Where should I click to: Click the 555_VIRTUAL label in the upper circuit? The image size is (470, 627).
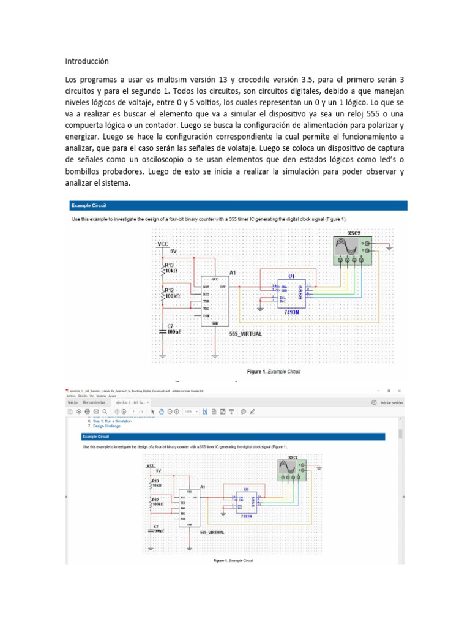click(x=245, y=334)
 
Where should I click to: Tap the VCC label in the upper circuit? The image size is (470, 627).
click(x=162, y=243)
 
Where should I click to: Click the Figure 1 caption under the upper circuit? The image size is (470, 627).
click(x=274, y=371)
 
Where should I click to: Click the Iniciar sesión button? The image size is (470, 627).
click(x=388, y=402)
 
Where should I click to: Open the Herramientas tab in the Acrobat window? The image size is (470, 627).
click(x=94, y=402)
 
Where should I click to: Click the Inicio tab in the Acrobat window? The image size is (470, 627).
click(x=72, y=402)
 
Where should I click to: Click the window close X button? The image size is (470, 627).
click(x=399, y=390)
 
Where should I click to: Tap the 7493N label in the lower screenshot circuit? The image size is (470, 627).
click(x=246, y=516)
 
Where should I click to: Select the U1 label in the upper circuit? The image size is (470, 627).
click(x=291, y=276)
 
